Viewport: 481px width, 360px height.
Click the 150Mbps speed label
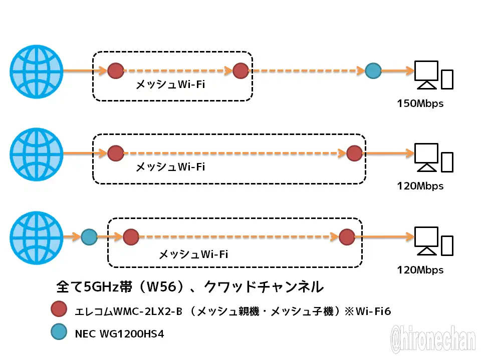click(420, 104)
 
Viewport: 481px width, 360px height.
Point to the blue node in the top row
click(373, 70)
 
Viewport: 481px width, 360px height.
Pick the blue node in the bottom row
click(89, 236)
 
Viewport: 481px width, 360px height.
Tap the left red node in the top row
click(116, 70)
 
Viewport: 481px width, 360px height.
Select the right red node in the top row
click(241, 70)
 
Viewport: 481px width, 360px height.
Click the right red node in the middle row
click(354, 153)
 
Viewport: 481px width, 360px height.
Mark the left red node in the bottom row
click(131, 236)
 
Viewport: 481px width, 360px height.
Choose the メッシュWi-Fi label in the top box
click(170, 85)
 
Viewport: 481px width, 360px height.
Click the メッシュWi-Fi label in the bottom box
click(193, 254)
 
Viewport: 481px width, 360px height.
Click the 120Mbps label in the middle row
click(420, 186)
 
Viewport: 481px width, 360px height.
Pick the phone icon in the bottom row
click(447, 245)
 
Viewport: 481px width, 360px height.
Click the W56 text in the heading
click(163, 287)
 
